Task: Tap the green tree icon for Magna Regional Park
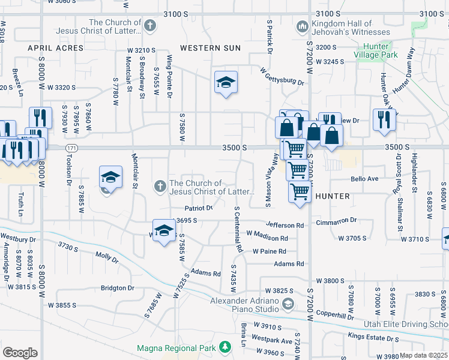pyautogui.click(x=225, y=347)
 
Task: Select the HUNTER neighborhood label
pyautogui.click(x=332, y=196)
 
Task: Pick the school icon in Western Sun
pyautogui.click(x=226, y=83)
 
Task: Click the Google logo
pyautogui.click(x=20, y=352)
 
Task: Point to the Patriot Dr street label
pyautogui.click(x=199, y=208)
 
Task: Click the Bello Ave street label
pyautogui.click(x=365, y=179)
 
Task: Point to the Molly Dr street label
pyautogui.click(x=107, y=257)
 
